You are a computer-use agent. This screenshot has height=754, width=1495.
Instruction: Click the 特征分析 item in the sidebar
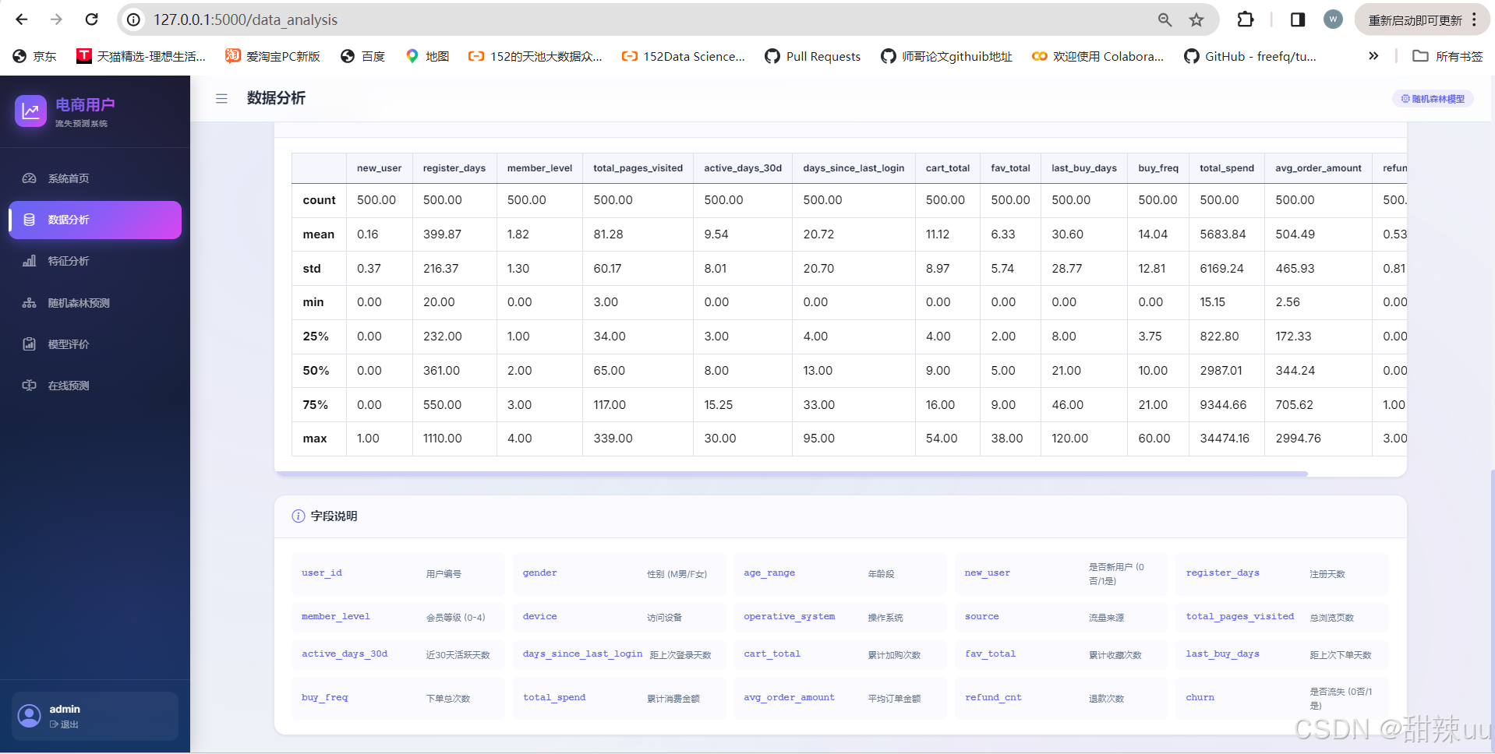(x=68, y=261)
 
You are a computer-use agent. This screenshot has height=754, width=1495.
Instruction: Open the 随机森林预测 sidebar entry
(x=78, y=303)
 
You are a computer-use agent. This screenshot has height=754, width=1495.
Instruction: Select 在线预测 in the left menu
(x=68, y=386)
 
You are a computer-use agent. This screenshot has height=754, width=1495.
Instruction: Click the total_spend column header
(x=1227, y=168)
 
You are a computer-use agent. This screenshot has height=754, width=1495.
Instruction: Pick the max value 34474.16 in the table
(x=1225, y=439)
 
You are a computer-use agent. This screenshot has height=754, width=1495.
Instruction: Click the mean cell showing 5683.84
(x=1223, y=234)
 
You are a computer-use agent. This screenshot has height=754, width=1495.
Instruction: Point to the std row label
(x=312, y=269)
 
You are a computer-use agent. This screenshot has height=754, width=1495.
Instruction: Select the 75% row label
(x=316, y=405)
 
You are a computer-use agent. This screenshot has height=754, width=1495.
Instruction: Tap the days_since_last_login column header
(x=854, y=168)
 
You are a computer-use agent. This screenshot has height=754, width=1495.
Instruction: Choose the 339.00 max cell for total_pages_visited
(x=613, y=439)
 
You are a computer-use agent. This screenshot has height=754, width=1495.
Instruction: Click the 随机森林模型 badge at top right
(x=1433, y=99)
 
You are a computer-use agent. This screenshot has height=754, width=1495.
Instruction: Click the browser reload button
(x=91, y=19)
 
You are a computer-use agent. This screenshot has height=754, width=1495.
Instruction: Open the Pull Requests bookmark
(x=813, y=56)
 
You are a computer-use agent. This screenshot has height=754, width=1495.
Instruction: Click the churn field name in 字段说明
(x=1200, y=698)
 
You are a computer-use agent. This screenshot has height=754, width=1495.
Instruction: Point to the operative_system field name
(x=789, y=617)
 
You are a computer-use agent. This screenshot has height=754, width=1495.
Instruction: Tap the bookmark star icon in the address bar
(x=1196, y=19)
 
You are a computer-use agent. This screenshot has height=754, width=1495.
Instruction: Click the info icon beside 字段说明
(x=298, y=516)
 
